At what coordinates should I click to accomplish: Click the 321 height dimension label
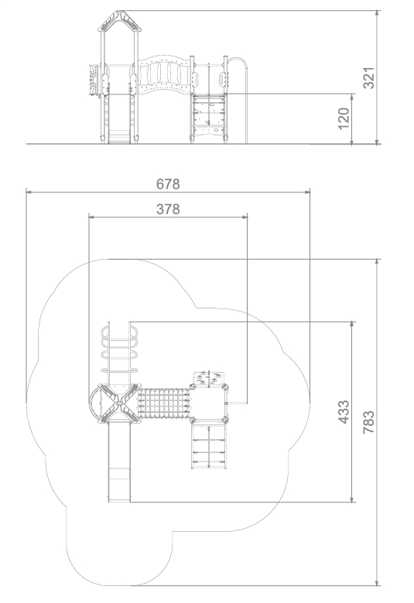point(368,77)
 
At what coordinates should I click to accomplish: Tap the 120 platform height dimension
point(344,118)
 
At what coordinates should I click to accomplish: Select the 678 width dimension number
point(168,184)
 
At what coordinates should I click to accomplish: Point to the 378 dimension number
point(168,210)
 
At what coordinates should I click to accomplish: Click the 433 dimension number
point(344,412)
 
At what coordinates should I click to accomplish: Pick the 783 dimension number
point(368,422)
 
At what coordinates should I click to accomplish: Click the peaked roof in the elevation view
point(120,21)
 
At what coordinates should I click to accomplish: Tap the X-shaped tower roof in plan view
point(120,403)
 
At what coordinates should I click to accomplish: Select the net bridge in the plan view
point(165,403)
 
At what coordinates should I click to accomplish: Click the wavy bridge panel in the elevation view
point(165,76)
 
